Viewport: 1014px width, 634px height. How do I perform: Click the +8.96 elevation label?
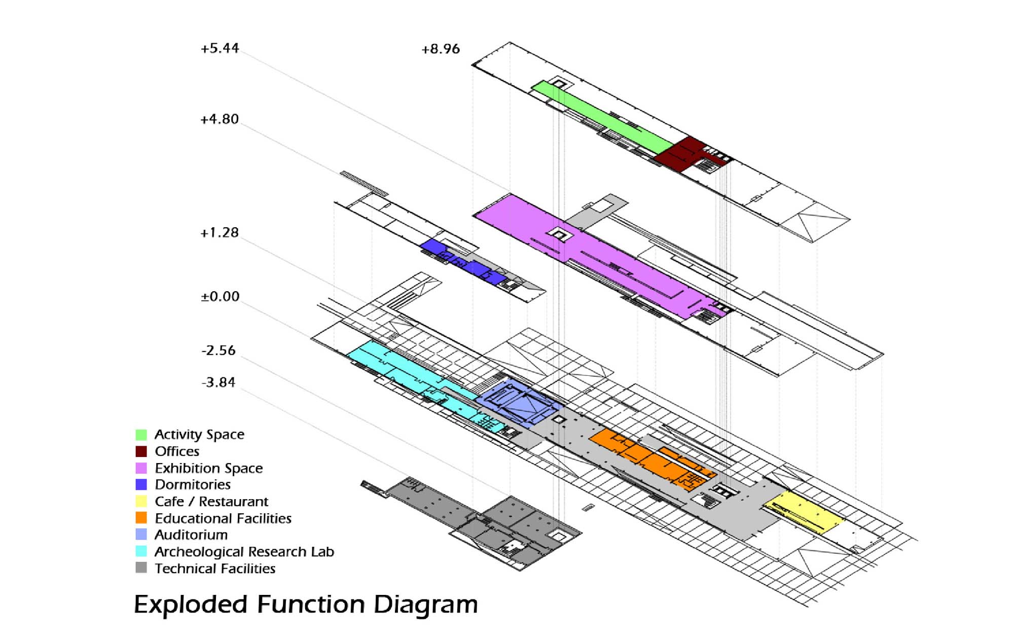pos(441,49)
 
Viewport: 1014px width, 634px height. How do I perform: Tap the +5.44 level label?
pos(220,49)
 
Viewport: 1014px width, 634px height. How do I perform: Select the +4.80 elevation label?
pos(219,119)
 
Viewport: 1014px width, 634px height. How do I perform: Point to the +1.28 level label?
pos(219,233)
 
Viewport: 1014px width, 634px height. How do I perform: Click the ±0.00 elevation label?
pos(220,297)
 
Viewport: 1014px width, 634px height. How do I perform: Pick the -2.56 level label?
pos(219,350)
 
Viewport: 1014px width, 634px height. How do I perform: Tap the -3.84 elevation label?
pos(219,382)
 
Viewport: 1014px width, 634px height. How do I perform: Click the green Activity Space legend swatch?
pos(141,435)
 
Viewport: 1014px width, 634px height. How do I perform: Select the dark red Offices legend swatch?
pos(141,451)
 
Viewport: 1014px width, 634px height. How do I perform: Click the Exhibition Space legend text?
pos(208,468)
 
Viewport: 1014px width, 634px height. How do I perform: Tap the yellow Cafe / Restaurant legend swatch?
pos(141,502)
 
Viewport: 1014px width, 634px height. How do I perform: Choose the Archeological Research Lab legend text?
pos(244,552)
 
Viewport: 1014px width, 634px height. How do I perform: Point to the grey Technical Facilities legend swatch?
pos(141,568)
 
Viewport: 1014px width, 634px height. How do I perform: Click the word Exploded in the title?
pos(190,605)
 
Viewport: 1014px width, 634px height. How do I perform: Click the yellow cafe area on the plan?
pos(806,512)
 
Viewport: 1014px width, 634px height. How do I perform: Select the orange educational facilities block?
pos(649,456)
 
